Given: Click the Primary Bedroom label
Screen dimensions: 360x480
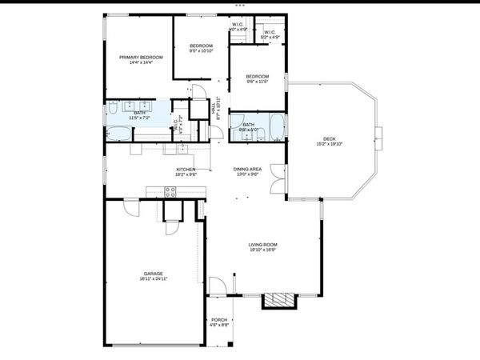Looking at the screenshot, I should [x=141, y=58].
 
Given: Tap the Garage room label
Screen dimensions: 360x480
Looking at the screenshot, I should [x=153, y=274].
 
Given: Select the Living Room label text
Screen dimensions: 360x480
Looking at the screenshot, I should [x=262, y=245].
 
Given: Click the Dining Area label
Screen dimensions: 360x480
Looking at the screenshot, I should [x=247, y=169].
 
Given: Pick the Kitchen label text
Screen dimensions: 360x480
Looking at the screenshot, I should [x=186, y=169].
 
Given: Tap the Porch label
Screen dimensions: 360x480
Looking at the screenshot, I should [x=219, y=319].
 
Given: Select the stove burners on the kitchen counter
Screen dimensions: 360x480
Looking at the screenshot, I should [x=170, y=191].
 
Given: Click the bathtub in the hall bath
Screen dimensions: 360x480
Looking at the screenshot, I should [x=275, y=126].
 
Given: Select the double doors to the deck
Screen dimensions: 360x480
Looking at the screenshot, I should [x=275, y=177].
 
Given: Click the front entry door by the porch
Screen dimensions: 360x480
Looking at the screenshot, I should [x=218, y=286].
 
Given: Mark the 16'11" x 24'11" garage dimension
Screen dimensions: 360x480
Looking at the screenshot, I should [x=153, y=279].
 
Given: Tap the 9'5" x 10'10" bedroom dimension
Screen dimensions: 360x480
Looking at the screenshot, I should [x=202, y=51].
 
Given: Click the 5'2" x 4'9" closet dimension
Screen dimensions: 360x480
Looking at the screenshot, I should [x=270, y=38].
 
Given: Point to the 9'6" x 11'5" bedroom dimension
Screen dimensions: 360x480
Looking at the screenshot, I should [x=257, y=82].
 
